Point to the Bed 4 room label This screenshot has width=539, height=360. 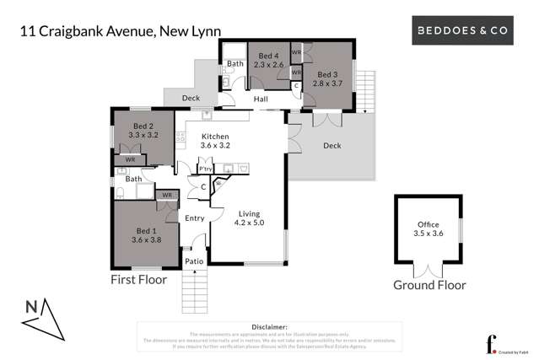tap(269, 56)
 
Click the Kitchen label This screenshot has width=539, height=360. tap(214, 137)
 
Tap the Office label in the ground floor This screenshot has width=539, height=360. tap(429, 225)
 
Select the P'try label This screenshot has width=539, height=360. tap(205, 169)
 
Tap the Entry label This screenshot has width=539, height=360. tap(195, 218)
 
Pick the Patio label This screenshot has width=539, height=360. tap(195, 261)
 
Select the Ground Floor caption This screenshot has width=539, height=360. tap(429, 285)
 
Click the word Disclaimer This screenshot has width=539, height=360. tap(270, 326)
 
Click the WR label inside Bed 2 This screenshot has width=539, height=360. tap(130, 159)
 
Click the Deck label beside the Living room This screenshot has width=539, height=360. tap(332, 145)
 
